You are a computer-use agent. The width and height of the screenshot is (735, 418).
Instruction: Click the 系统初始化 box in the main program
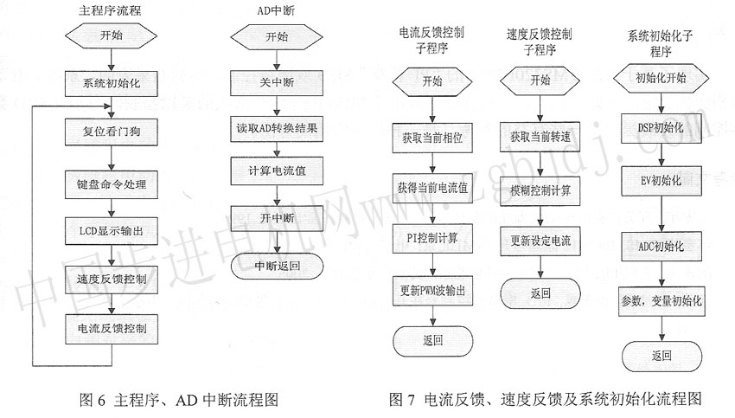(x=111, y=83)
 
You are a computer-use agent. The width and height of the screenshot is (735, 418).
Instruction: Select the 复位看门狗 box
(x=111, y=132)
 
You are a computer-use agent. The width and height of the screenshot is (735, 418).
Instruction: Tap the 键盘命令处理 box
(x=111, y=184)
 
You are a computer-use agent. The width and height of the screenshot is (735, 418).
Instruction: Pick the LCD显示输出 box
(x=111, y=231)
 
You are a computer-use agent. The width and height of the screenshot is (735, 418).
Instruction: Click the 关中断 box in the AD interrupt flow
(x=277, y=83)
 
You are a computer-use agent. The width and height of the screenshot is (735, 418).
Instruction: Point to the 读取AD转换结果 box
(x=277, y=129)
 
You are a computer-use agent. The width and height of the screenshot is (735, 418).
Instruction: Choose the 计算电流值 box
(x=277, y=170)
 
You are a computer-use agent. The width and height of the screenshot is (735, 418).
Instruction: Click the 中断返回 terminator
(x=277, y=266)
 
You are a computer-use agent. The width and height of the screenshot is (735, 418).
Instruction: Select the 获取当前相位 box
(x=432, y=138)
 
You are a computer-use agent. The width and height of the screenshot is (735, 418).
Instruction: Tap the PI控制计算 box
(x=432, y=238)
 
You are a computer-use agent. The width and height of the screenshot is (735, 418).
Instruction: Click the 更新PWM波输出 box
(x=432, y=291)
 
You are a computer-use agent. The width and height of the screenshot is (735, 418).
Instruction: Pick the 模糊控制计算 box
(x=540, y=191)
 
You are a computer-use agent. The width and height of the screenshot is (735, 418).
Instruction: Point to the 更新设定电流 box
(x=540, y=241)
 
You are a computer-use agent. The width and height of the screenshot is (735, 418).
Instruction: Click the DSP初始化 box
(x=661, y=128)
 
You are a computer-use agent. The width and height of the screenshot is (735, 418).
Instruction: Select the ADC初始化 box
(x=661, y=247)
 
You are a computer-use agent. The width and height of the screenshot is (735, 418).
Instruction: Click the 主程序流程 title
(x=110, y=10)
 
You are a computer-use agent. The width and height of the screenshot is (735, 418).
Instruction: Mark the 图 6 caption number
(x=93, y=400)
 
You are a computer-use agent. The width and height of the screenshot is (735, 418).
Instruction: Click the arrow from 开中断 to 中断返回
(x=277, y=242)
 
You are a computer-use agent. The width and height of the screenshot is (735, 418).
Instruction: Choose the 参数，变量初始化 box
(x=661, y=301)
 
